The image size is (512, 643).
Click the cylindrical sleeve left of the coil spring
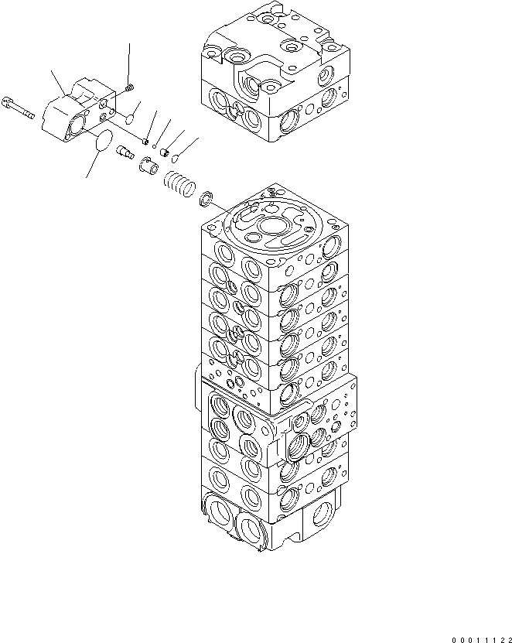tap(149, 165)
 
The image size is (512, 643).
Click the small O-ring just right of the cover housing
tap(131, 118)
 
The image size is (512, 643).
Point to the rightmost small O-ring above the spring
tap(176, 159)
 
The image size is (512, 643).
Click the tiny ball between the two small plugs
tap(155, 145)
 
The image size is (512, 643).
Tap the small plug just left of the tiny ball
tap(145, 141)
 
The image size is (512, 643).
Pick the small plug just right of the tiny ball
tap(165, 152)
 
